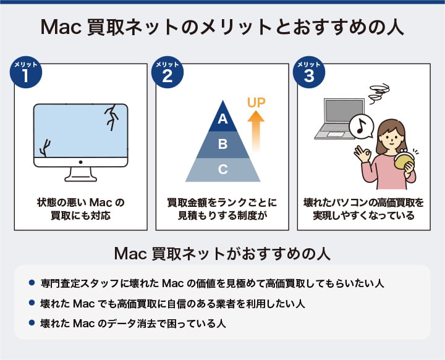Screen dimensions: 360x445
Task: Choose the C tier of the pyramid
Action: pos(223,169)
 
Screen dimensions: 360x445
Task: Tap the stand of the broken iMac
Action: pos(81,174)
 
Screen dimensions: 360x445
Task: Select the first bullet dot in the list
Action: pos(32,283)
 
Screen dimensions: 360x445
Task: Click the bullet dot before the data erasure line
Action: pos(32,322)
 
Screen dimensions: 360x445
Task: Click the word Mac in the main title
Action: pos(59,28)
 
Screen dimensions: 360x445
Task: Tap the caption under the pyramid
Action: pos(222,209)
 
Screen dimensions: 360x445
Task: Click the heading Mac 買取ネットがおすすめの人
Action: pos(222,254)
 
